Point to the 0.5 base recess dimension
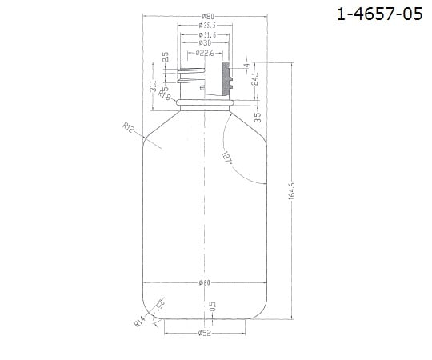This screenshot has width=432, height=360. coord(213,307)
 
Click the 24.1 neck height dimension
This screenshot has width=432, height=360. coord(254,81)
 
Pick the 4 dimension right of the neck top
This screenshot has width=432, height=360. coord(255,63)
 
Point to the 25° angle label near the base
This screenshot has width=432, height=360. coord(162,307)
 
